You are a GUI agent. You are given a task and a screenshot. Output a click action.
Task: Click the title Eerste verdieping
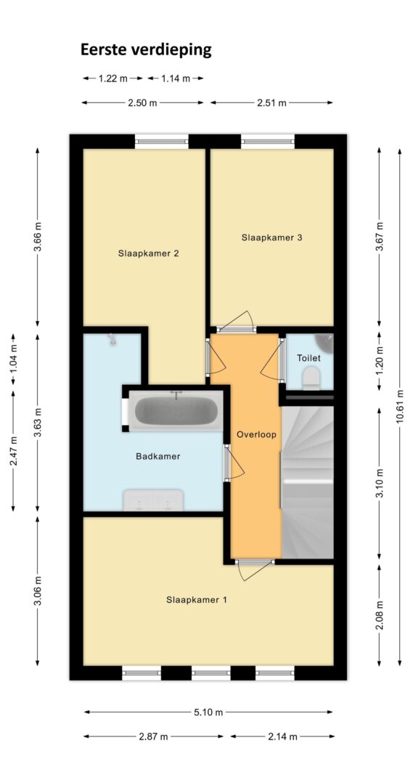click(146, 50)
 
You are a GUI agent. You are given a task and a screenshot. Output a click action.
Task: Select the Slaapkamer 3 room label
click(271, 238)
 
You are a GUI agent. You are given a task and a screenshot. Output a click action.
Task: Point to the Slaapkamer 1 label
click(197, 601)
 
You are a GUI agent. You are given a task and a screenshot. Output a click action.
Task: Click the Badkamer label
click(158, 457)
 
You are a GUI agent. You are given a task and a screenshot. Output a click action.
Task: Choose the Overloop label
click(256, 435)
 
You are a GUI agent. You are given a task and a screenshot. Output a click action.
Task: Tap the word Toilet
click(308, 358)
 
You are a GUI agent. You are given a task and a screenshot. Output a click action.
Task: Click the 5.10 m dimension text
click(209, 713)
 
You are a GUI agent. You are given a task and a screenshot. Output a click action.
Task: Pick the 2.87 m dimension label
click(154, 737)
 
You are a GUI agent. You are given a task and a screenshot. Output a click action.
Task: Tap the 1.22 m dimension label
click(113, 78)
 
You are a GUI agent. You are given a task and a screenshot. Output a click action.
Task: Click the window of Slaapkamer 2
click(162, 142)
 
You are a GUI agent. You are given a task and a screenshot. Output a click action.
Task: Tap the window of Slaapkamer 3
click(268, 142)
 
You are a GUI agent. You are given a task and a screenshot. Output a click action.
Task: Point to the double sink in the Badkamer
click(153, 500)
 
